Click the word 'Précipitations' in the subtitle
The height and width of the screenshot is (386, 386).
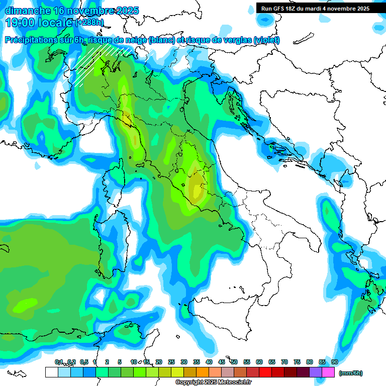click(31, 40)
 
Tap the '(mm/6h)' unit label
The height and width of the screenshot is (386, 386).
click(350, 373)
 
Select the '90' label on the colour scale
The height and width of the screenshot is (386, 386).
click(335, 362)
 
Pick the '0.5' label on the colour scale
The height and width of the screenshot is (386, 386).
click(84, 362)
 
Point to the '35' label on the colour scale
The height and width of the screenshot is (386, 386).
click(197, 362)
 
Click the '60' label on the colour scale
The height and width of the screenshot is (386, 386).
click(259, 362)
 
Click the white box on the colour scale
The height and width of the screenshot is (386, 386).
click(51, 372)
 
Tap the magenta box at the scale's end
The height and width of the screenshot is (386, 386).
click(328, 372)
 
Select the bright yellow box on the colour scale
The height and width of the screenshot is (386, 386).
click(177, 372)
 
